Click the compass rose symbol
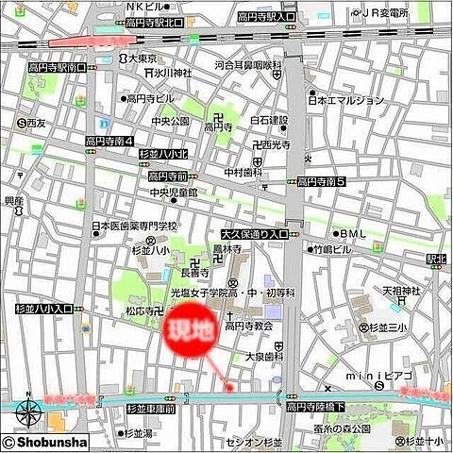pyautogui.click(x=27, y=412)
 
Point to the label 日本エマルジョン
pyautogui.click(x=346, y=100)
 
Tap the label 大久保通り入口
pyautogui.click(x=254, y=233)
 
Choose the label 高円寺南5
pyautogui.click(x=323, y=181)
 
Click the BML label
pyautogui.click(x=353, y=233)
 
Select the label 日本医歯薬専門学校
pyautogui.click(x=134, y=226)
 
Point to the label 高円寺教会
pyautogui.click(x=248, y=326)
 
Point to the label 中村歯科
pyautogui.click(x=243, y=173)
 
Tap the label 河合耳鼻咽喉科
pyautogui.click(x=248, y=66)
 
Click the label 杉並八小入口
pyautogui.click(x=43, y=308)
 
